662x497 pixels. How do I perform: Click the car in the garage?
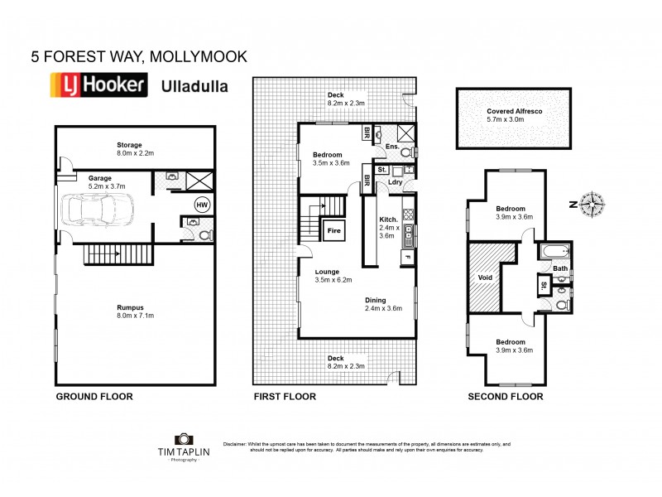pyautogui.click(x=92, y=212)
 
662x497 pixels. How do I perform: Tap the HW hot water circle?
pyautogui.click(x=201, y=204)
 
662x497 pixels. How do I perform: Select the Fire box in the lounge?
pyautogui.click(x=335, y=230)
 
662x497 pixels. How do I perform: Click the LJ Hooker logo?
pyautogui.click(x=99, y=86)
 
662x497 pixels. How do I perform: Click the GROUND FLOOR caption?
pyautogui.click(x=94, y=397)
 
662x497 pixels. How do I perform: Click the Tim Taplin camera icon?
pyautogui.click(x=182, y=442)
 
